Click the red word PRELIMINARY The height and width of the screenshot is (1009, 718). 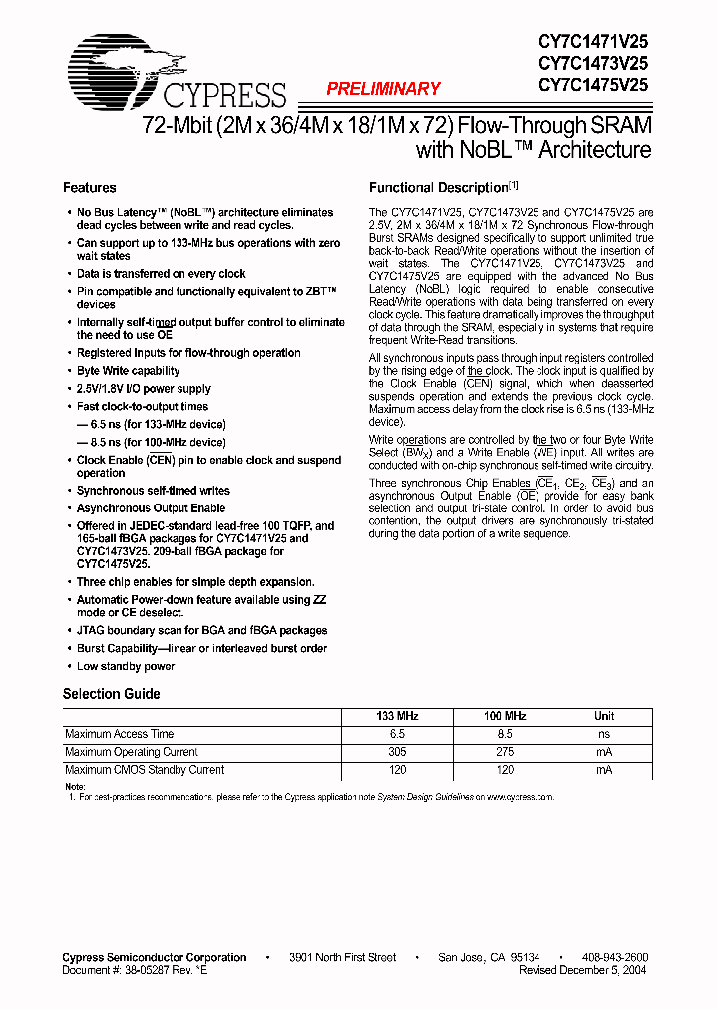tap(383, 89)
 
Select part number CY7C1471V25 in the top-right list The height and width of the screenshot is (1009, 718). tap(593, 41)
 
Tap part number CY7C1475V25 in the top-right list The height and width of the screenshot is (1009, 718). tap(593, 85)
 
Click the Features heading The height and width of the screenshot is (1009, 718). tap(90, 188)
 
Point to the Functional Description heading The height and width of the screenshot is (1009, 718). tap(439, 188)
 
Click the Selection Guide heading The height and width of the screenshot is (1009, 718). tap(112, 694)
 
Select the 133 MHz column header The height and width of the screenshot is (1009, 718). tap(397, 716)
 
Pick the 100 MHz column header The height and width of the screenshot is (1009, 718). tap(505, 716)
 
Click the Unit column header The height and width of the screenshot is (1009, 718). tap(604, 716)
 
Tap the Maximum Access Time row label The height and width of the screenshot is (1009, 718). tap(120, 734)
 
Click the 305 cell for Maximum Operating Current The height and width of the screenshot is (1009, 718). tap(397, 752)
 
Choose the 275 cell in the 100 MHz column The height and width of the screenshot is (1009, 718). tap(505, 752)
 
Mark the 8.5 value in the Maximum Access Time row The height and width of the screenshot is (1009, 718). tap(505, 734)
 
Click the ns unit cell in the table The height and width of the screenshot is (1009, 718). tap(604, 734)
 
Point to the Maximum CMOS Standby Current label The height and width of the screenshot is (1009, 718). tap(145, 770)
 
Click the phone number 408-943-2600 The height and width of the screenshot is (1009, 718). tap(613, 957)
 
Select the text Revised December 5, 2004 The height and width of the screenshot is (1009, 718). tap(583, 969)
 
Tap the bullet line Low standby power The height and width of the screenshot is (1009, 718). tap(126, 666)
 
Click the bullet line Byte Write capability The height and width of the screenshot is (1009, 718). tap(129, 371)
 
